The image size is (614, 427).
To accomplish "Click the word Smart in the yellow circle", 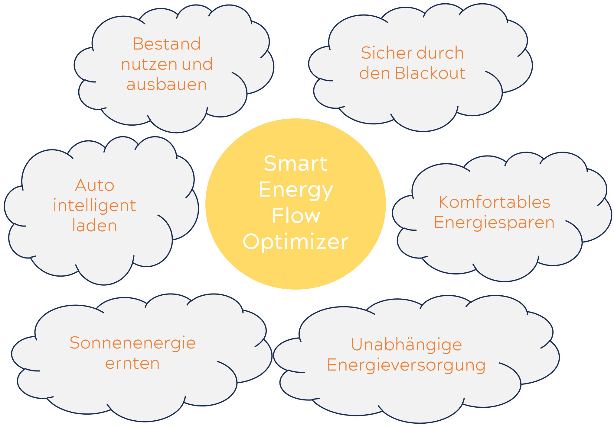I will [x=296, y=163].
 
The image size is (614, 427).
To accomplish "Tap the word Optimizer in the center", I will [x=296, y=242].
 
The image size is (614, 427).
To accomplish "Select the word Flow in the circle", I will [x=296, y=216].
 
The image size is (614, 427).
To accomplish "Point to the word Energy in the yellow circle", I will [x=296, y=190].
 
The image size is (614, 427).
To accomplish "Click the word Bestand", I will [x=167, y=44].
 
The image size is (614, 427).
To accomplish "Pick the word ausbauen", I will [x=167, y=85].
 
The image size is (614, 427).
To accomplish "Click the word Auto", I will [x=94, y=185].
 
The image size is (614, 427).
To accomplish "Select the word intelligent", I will [x=94, y=206].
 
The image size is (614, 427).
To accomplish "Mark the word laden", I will [x=94, y=226].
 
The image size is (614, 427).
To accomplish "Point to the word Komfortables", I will [x=494, y=202].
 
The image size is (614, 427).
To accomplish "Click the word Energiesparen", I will [x=494, y=223].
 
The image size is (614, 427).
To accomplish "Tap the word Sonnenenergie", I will [x=132, y=343].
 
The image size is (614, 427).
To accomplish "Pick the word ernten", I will [x=132, y=363].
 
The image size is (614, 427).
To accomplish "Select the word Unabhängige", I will [x=406, y=345].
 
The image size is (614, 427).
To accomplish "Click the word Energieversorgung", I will [x=406, y=365].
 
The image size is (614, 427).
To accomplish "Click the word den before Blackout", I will [x=374, y=73].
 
